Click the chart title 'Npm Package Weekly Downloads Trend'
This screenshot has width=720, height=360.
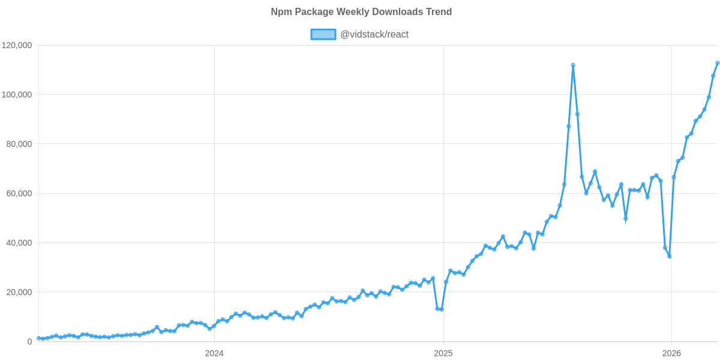(361, 12)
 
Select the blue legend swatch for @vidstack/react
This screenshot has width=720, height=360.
(323, 34)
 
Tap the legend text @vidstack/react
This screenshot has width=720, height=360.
(374, 34)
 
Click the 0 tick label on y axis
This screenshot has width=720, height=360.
(29, 341)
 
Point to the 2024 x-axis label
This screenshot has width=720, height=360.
(214, 353)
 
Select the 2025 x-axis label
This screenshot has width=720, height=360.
(443, 353)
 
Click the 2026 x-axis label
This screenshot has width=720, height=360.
(671, 353)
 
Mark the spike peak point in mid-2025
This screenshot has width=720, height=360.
(573, 65)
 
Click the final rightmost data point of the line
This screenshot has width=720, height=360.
(718, 63)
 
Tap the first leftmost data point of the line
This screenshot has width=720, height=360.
(38, 338)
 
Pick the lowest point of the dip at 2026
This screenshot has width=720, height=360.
(669, 257)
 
